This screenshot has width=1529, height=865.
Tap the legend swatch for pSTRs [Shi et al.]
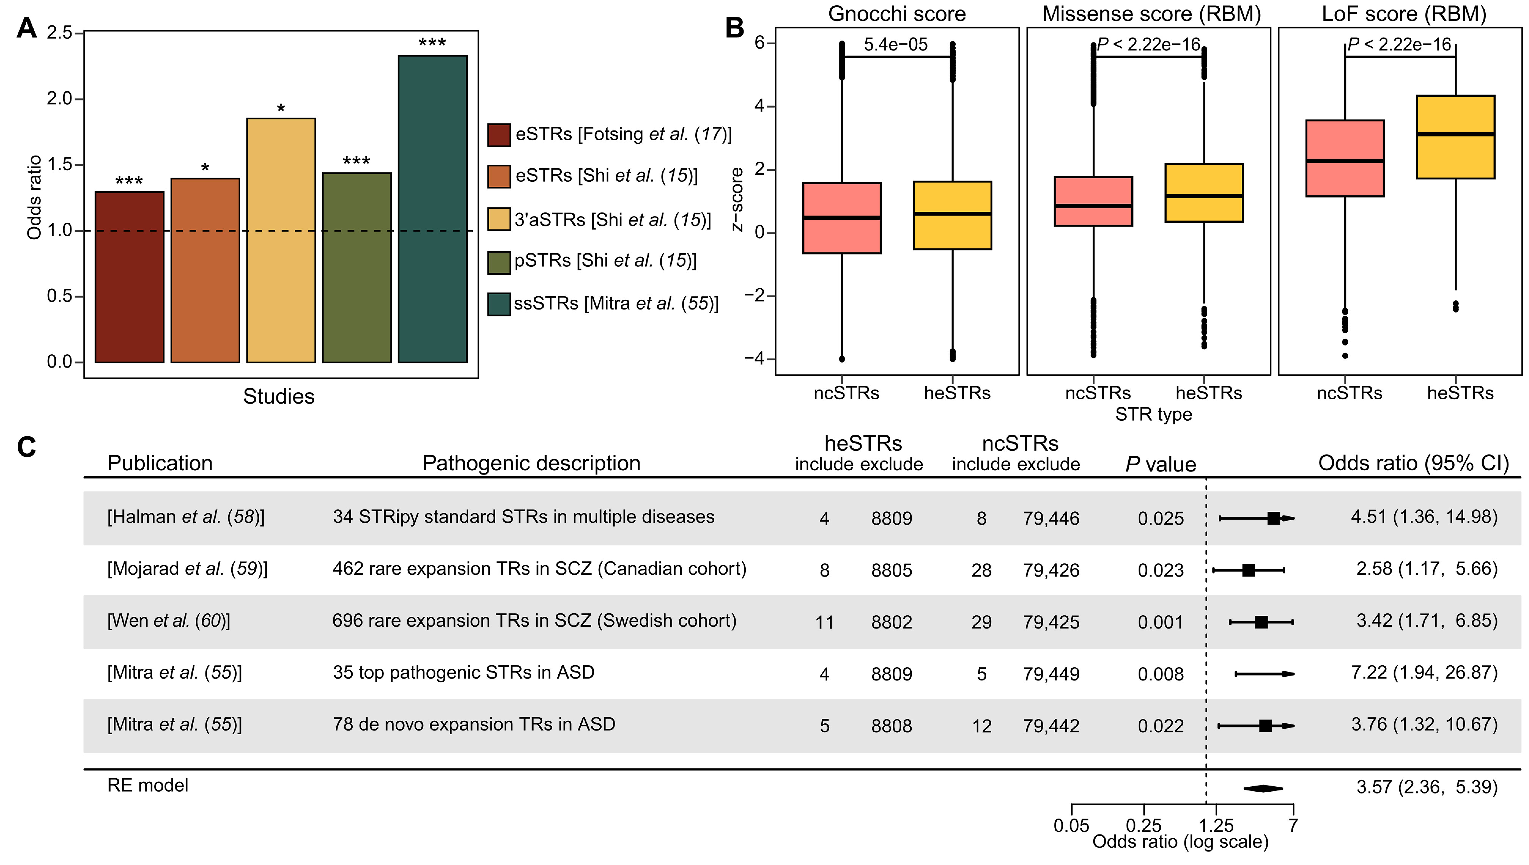point(499,262)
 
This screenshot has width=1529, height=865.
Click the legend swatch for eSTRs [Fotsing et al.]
point(499,135)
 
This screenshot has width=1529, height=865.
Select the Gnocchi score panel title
point(897,14)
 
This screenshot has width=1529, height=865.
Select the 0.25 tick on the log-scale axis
point(1143,825)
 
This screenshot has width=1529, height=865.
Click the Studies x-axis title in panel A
point(279,396)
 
